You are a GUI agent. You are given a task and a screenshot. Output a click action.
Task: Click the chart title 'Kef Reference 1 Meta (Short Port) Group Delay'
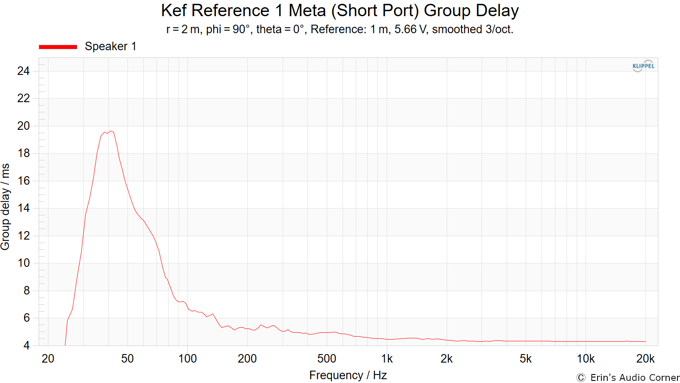click(340, 11)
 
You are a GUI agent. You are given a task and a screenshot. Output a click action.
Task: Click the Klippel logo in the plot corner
click(643, 66)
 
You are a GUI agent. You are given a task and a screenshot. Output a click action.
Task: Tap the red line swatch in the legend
click(58, 47)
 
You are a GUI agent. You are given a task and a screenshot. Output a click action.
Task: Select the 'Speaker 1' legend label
click(110, 46)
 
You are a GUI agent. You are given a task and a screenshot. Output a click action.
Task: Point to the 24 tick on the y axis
click(23, 71)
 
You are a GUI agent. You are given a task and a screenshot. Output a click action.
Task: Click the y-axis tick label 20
click(23, 126)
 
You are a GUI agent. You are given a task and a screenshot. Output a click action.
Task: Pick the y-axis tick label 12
click(23, 236)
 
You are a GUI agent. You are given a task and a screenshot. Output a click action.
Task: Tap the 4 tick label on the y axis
click(27, 346)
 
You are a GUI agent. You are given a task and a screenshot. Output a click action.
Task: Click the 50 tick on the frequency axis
click(127, 359)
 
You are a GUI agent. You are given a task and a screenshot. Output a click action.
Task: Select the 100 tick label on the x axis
click(187, 359)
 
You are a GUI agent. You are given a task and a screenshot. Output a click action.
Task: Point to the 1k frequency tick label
click(387, 359)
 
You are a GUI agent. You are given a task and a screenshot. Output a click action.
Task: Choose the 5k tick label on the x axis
click(525, 359)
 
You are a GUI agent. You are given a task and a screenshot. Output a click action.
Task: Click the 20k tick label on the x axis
click(645, 359)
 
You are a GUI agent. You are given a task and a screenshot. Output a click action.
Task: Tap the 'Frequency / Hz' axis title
click(348, 375)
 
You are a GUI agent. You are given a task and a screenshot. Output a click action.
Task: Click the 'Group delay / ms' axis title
click(6, 207)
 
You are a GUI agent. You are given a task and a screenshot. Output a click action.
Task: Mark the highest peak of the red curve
click(111, 131)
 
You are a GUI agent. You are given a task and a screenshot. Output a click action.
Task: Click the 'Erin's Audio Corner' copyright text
click(628, 377)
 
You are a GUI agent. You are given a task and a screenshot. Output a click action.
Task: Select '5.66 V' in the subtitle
click(411, 29)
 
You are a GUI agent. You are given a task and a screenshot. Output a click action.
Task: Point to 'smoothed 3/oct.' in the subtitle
click(473, 29)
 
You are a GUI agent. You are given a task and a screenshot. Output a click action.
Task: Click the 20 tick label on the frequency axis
click(48, 359)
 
